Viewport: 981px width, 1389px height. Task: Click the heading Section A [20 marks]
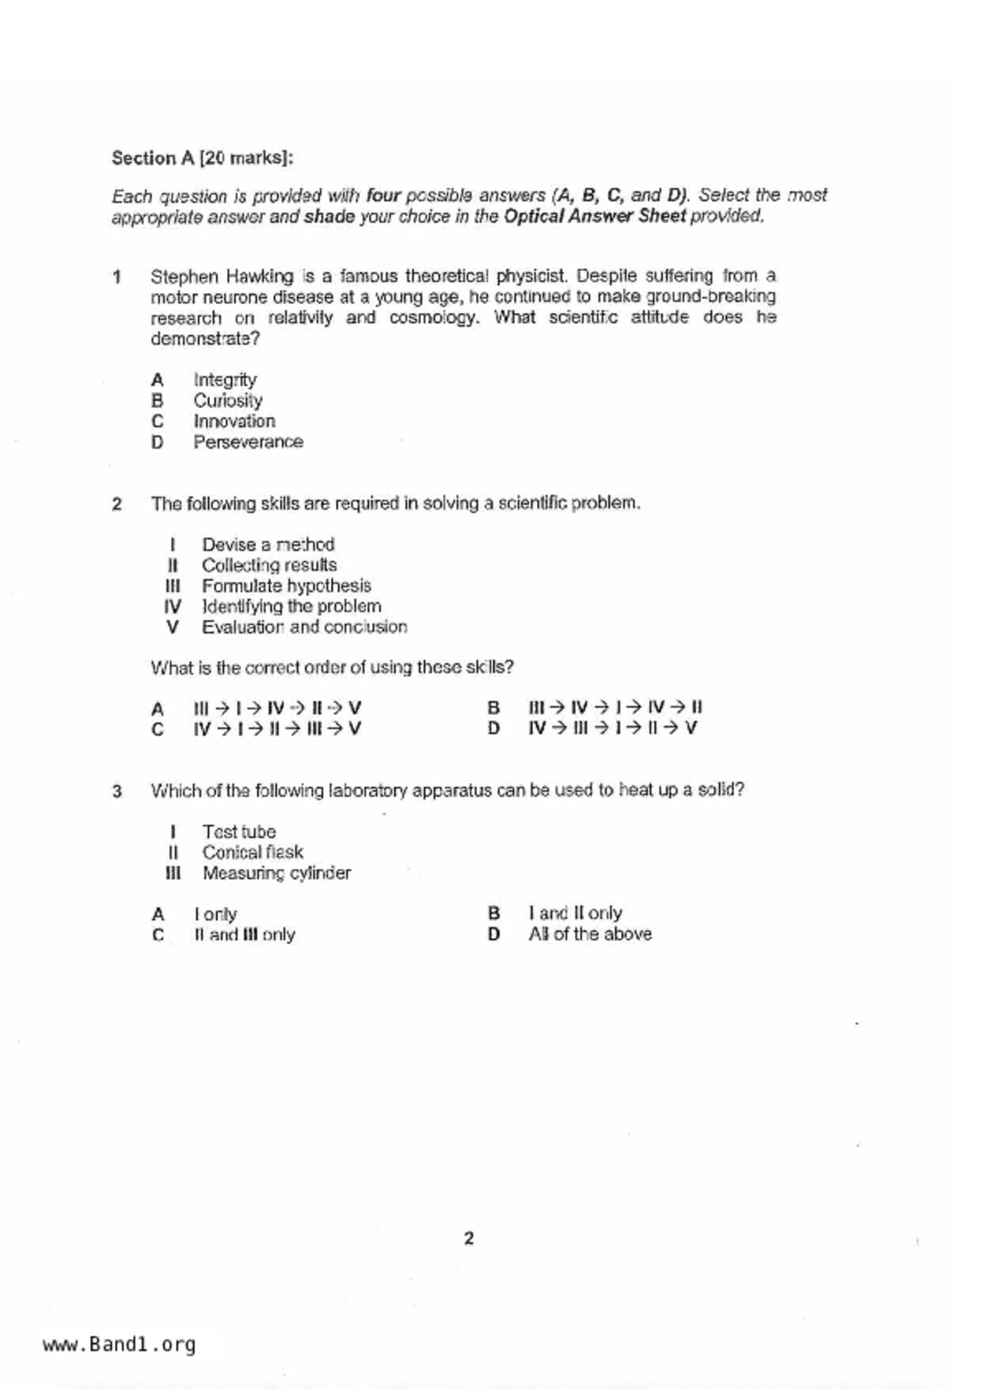(202, 158)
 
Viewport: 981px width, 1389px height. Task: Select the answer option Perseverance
(248, 442)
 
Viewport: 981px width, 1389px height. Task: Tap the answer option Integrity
(225, 380)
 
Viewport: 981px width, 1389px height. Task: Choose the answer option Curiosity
(228, 401)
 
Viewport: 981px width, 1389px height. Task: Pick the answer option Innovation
(234, 421)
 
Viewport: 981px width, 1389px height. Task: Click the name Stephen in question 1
(184, 276)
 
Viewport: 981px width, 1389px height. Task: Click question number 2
(117, 504)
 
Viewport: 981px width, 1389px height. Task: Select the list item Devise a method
(268, 545)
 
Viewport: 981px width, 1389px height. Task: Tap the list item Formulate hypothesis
(286, 586)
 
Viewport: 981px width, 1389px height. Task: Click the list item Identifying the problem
(291, 607)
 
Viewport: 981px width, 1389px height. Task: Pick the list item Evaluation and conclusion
(304, 627)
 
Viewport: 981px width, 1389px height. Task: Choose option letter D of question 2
(493, 729)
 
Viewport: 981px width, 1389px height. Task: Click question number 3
(117, 791)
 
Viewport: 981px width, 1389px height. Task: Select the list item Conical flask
(253, 852)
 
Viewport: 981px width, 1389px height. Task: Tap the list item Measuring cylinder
(276, 873)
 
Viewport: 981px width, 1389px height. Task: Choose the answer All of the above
(590, 934)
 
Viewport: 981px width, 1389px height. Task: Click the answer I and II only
(575, 913)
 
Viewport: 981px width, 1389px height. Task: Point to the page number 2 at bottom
(469, 1239)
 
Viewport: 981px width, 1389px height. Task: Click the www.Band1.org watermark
(119, 1345)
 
